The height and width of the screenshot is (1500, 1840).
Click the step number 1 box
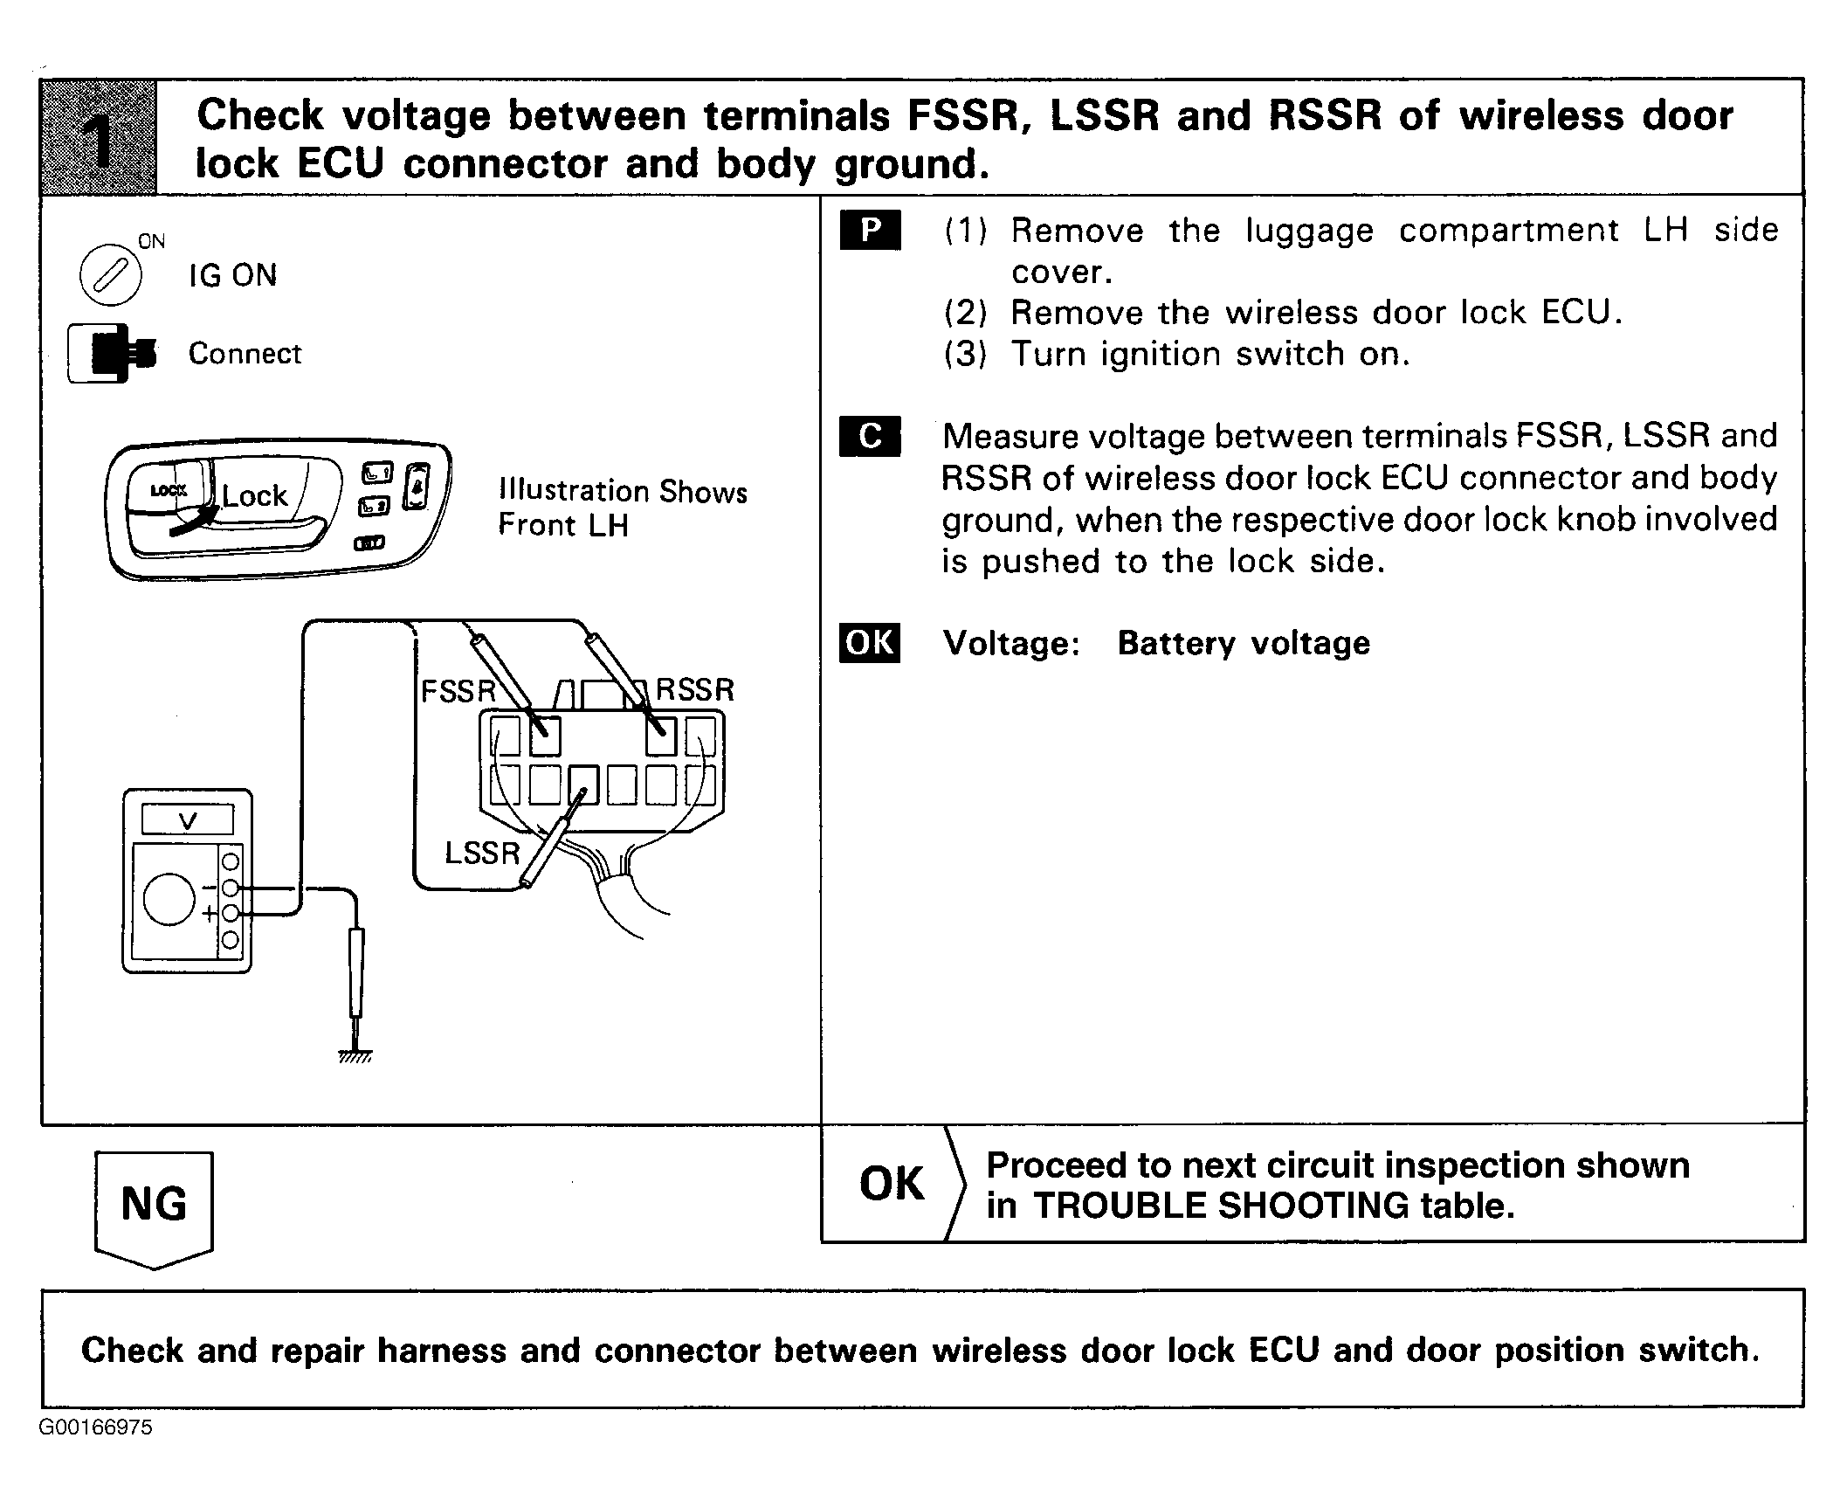(x=99, y=136)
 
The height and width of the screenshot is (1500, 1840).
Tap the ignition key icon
(x=110, y=274)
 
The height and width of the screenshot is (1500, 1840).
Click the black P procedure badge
(x=870, y=230)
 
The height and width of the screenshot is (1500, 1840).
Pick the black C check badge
(x=870, y=435)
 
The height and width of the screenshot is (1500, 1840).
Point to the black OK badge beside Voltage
(x=870, y=643)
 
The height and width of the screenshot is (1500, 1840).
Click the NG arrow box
(x=154, y=1206)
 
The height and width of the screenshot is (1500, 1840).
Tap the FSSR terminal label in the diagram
(x=458, y=691)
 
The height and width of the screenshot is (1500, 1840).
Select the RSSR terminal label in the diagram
(x=695, y=690)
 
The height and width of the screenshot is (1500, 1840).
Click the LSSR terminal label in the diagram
(x=482, y=853)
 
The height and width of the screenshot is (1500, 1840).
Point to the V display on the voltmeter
(x=188, y=820)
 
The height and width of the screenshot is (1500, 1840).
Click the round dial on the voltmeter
(x=169, y=900)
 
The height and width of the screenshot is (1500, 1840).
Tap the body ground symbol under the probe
(x=355, y=1056)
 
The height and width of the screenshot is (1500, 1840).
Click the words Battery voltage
(x=1244, y=644)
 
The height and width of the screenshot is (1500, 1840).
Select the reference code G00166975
(x=95, y=1427)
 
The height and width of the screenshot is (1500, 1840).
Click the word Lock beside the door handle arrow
(x=254, y=496)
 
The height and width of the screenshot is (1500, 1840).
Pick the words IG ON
(x=233, y=276)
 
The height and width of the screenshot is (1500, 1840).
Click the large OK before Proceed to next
(x=891, y=1184)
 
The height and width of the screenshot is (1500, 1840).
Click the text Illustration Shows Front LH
(x=622, y=508)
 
